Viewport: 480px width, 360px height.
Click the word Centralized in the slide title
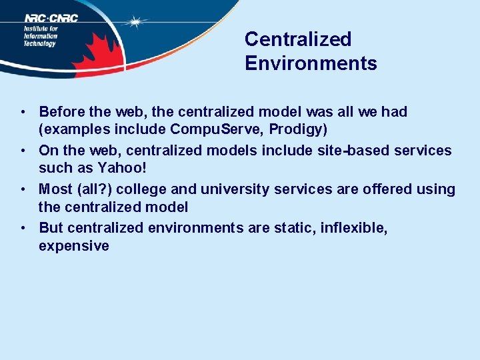click(x=297, y=39)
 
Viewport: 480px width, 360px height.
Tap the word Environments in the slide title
click(x=311, y=63)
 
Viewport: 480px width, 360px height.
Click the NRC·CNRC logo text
click(x=51, y=18)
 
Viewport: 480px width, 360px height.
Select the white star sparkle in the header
click(x=136, y=23)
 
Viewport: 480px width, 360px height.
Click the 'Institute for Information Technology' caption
click(x=41, y=36)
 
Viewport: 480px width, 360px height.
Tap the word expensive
click(x=74, y=246)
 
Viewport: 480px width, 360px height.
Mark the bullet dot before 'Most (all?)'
click(x=23, y=189)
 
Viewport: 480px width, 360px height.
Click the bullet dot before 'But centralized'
click(x=23, y=228)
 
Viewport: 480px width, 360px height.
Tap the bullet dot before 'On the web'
click(x=23, y=151)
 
